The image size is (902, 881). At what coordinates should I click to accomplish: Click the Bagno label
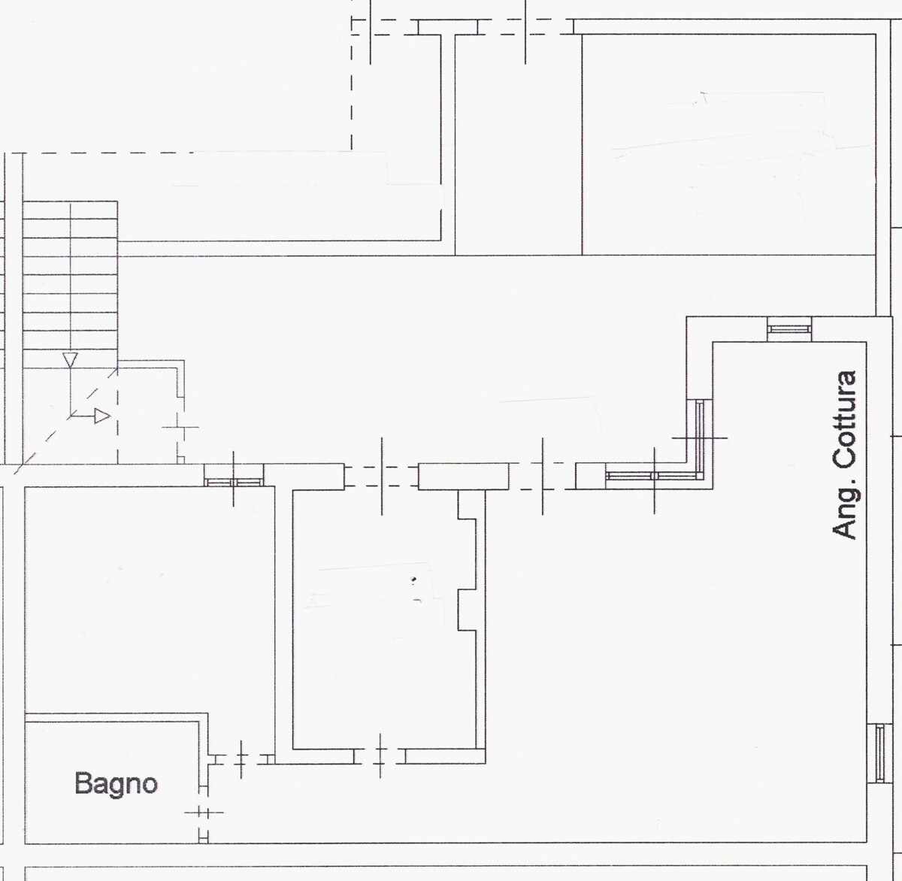[116, 783]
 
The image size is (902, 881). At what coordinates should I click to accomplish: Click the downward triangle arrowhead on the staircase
[70, 360]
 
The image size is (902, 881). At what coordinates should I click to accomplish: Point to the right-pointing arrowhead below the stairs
[102, 416]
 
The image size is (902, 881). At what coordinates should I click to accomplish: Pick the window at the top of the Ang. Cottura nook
[789, 329]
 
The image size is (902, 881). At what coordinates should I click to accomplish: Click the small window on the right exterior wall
[879, 753]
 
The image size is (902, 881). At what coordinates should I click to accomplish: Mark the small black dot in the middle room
[414, 579]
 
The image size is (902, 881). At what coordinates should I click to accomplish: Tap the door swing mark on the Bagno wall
[204, 813]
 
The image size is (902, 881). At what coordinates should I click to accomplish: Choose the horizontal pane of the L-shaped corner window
[653, 476]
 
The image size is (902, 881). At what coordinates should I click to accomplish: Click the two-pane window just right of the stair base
[234, 482]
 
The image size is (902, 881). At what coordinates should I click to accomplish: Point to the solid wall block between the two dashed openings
[464, 476]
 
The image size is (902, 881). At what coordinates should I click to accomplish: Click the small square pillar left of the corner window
[590, 476]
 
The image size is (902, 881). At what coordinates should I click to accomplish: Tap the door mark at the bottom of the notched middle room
[380, 756]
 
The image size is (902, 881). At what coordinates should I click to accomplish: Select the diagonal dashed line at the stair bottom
[65, 421]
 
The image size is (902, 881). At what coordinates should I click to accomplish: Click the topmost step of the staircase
[70, 210]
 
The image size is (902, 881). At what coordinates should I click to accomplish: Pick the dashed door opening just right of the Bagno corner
[241, 759]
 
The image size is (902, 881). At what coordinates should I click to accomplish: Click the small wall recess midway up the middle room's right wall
[468, 610]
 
